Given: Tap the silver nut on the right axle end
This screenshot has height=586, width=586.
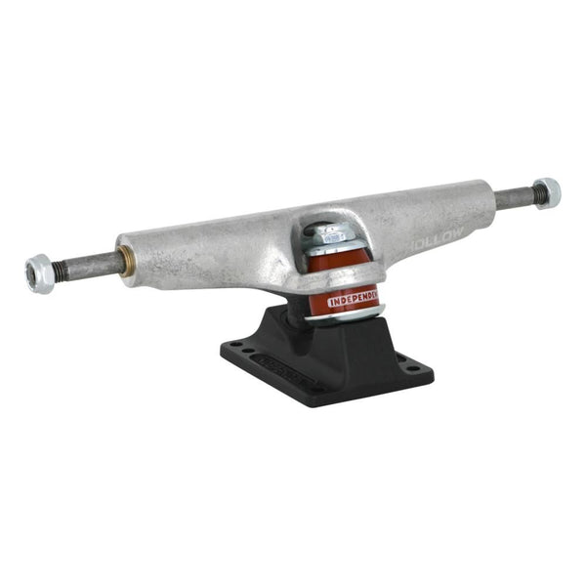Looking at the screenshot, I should tap(546, 192).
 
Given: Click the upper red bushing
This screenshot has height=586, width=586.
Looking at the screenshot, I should tap(335, 263).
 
